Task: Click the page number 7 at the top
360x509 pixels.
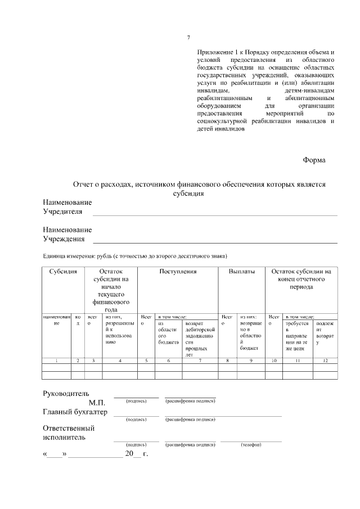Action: [x=188, y=38]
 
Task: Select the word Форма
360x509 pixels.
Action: [x=314, y=160]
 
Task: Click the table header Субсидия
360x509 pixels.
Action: [x=63, y=272]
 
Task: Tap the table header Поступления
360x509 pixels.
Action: [x=178, y=272]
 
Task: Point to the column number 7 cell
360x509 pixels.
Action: [x=200, y=359]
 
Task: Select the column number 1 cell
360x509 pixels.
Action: [x=56, y=359]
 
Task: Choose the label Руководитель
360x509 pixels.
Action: [x=66, y=393]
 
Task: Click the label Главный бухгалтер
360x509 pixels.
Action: [x=75, y=412]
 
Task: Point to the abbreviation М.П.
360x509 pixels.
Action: [x=97, y=402]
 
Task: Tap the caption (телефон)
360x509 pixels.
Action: [x=251, y=444]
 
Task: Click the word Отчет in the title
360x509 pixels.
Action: [x=85, y=184]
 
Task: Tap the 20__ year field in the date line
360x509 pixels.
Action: [x=134, y=453]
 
